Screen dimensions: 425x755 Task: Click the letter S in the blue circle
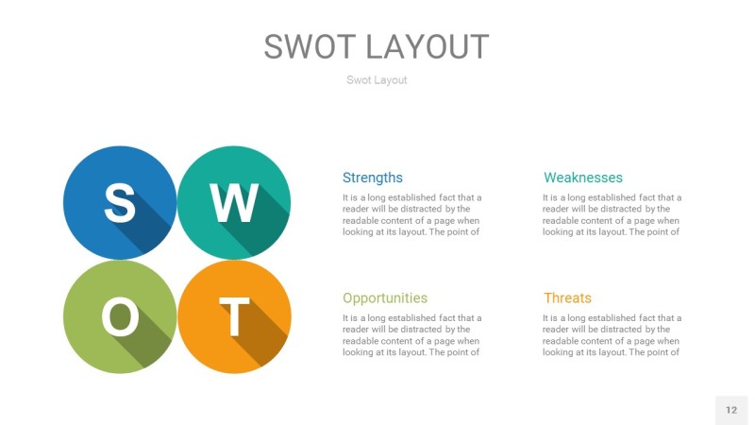(119, 201)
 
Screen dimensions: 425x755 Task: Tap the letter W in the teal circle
(234, 201)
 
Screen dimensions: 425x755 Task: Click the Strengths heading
(372, 178)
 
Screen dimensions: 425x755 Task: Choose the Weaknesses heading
(582, 178)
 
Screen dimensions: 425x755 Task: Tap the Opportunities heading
(384, 297)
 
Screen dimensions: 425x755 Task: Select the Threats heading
(567, 297)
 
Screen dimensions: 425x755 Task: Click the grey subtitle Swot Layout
(377, 80)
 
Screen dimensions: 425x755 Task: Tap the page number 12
(731, 410)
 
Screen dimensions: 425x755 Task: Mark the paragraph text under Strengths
(411, 214)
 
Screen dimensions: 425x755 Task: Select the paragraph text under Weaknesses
(612, 214)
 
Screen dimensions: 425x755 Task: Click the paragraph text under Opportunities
(411, 335)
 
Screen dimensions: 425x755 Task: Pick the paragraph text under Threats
(612, 335)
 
